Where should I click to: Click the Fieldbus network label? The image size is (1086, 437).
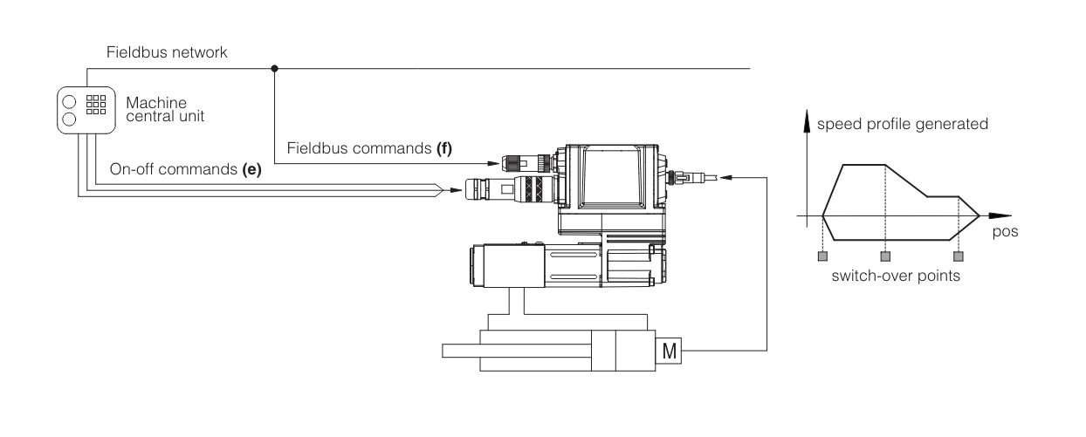click(x=167, y=52)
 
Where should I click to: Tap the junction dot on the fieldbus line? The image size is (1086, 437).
click(x=274, y=68)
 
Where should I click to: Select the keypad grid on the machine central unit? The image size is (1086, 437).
click(x=96, y=105)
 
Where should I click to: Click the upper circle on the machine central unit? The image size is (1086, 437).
click(x=69, y=102)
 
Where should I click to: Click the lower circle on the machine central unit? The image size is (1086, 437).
click(x=69, y=119)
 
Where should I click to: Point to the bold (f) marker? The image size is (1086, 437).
click(x=444, y=148)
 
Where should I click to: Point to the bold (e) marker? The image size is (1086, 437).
click(x=251, y=169)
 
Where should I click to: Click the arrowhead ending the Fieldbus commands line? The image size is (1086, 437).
click(x=493, y=164)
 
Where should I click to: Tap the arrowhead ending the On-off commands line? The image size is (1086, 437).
click(x=456, y=190)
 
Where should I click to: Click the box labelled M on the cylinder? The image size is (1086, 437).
click(x=669, y=351)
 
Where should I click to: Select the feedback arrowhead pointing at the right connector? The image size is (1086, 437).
click(x=725, y=177)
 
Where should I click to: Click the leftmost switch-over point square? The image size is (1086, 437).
click(x=822, y=256)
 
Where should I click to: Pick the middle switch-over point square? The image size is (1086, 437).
click(x=885, y=256)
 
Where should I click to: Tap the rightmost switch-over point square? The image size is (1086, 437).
click(x=959, y=256)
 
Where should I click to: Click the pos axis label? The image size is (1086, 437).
click(x=1005, y=231)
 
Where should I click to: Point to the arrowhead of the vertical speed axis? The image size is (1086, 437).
click(x=807, y=120)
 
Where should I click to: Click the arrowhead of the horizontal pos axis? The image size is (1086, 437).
click(x=1000, y=215)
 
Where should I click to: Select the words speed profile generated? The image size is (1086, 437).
click(x=903, y=124)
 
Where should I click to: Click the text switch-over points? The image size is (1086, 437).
click(x=896, y=276)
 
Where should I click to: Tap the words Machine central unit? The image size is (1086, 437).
click(x=165, y=110)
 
